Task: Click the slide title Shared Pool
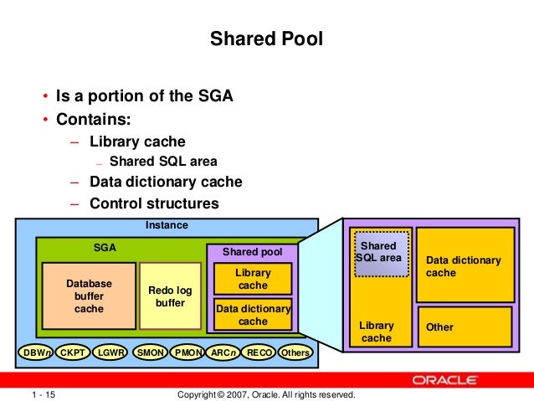point(265,39)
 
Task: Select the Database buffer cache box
point(89,296)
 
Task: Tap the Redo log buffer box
point(170,296)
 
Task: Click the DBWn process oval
point(38,353)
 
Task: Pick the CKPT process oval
point(74,353)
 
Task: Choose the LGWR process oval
point(111,353)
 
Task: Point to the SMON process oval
point(150,353)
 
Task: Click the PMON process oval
point(187,353)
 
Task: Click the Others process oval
point(295,353)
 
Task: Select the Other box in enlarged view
point(464,326)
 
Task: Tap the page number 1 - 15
point(43,394)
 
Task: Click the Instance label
point(167,226)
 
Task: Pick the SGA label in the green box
point(105,248)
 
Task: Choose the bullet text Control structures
point(154,203)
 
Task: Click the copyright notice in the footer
point(267,394)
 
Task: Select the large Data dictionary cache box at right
point(464,265)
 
